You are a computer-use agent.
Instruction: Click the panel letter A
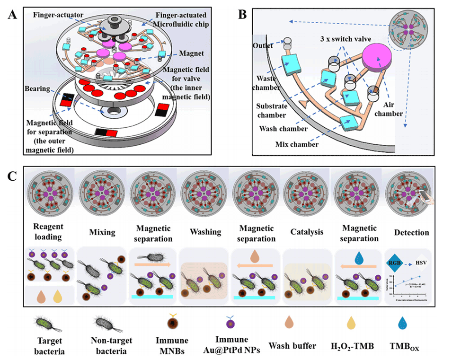[x=12, y=15]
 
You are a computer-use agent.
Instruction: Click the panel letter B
[x=242, y=15]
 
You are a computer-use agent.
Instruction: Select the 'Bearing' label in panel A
[x=37, y=88]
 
